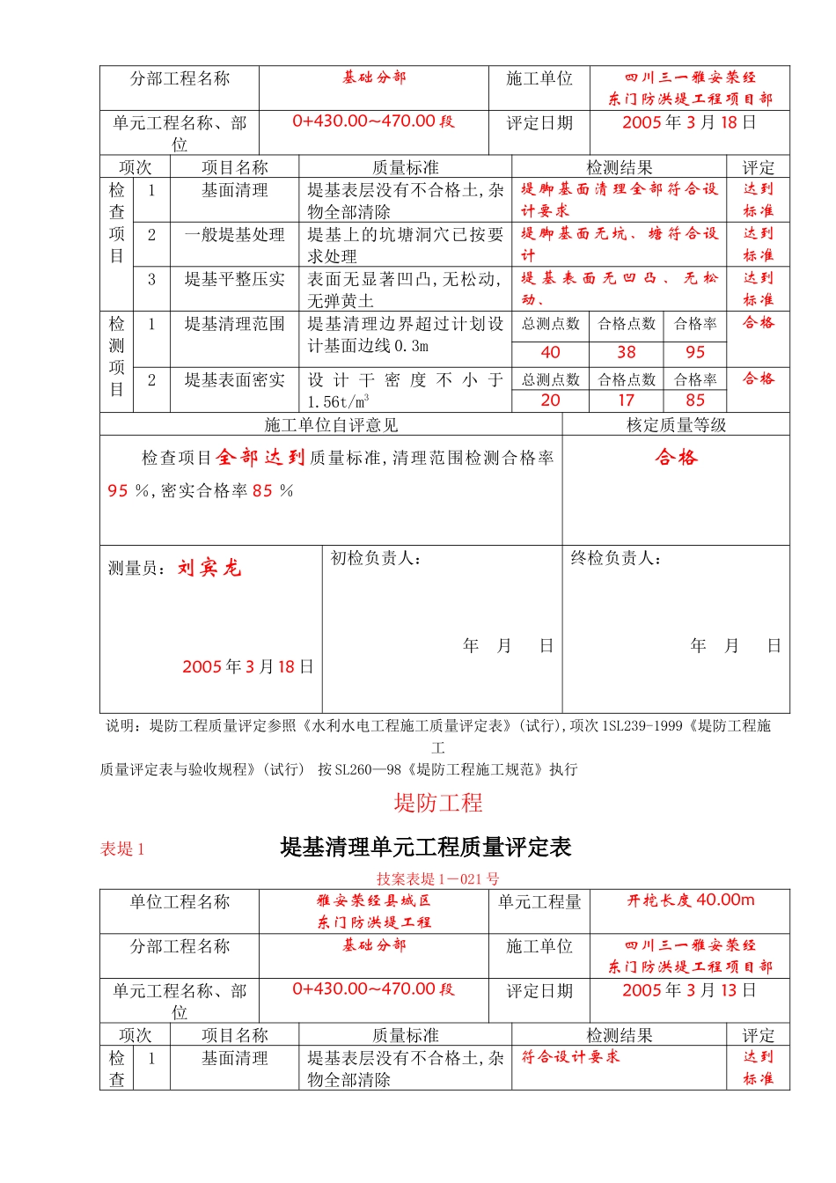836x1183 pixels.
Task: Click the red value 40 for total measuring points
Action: [x=550, y=352]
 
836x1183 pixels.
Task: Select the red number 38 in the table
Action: [x=626, y=352]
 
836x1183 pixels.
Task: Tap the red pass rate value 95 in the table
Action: [x=695, y=352]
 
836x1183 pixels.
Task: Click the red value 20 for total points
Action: [x=550, y=400]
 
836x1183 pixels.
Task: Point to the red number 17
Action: [x=626, y=400]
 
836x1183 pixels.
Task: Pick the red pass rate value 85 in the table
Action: [x=695, y=400]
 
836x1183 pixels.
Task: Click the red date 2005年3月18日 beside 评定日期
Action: [x=689, y=122]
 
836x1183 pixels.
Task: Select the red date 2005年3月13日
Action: [x=689, y=990]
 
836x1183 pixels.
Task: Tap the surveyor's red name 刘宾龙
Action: [x=209, y=568]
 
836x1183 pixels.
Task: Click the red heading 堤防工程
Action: [x=438, y=803]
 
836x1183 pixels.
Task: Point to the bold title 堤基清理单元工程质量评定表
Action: [x=426, y=848]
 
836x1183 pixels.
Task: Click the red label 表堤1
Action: [x=122, y=849]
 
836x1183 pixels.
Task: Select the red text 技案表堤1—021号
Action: [x=437, y=878]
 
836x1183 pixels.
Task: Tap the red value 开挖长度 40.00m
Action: [x=691, y=900]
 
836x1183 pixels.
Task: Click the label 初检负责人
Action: [x=376, y=558]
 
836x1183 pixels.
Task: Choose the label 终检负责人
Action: [x=616, y=558]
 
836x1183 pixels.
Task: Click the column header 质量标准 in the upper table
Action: [x=405, y=167]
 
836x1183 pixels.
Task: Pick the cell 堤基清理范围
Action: [x=234, y=324]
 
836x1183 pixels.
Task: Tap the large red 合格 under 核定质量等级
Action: [x=676, y=457]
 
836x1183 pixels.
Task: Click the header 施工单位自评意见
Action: [x=331, y=425]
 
